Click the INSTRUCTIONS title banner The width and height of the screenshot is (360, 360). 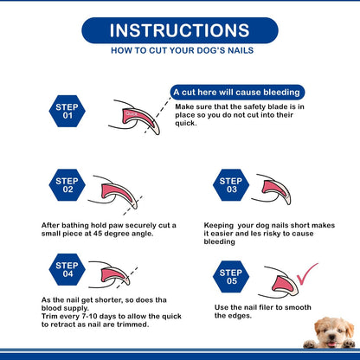point(180,30)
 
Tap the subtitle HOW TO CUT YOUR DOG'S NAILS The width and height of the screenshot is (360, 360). point(183,50)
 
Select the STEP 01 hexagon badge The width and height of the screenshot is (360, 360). point(67,111)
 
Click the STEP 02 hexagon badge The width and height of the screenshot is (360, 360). point(67,185)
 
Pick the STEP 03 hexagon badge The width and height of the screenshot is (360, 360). point(231,185)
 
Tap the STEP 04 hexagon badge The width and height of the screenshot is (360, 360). point(67,269)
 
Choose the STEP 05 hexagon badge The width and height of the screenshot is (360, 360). point(231,277)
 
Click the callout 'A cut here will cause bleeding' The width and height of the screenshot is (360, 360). point(237,93)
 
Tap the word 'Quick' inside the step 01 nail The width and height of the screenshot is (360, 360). point(132,113)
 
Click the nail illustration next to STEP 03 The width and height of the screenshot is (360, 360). point(272,189)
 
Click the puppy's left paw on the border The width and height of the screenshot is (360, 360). point(310,344)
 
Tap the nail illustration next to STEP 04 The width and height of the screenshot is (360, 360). point(110,275)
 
